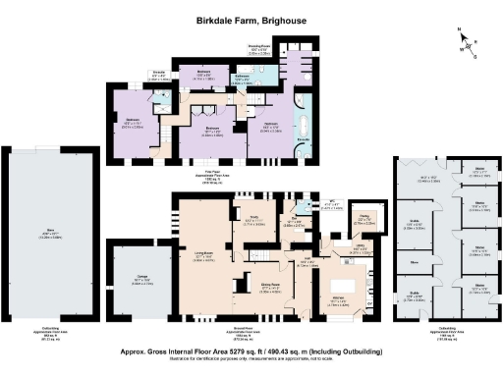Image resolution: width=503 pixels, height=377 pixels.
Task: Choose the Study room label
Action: (252, 219)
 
